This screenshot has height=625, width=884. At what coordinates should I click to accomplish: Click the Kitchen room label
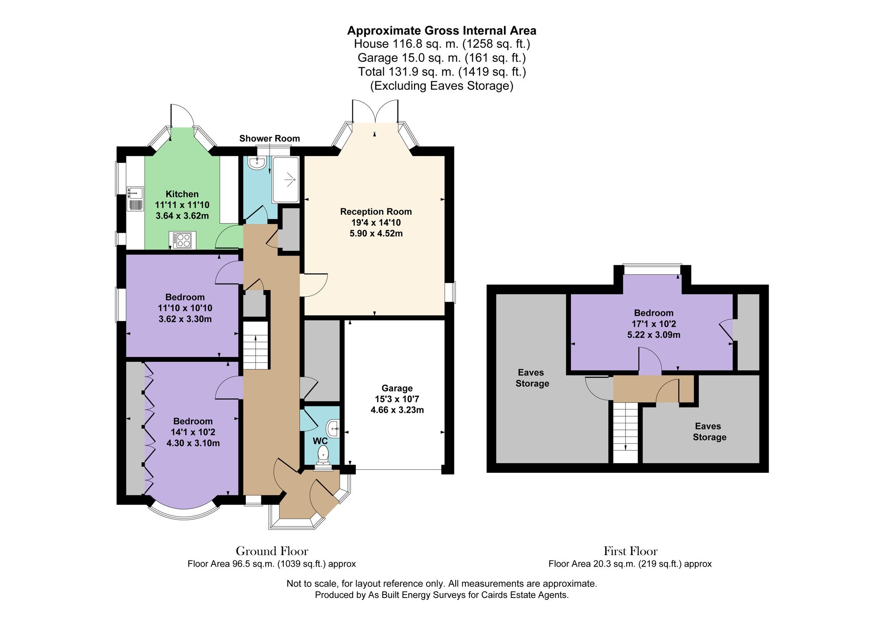(x=182, y=194)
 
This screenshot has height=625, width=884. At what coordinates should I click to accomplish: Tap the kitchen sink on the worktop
(x=135, y=198)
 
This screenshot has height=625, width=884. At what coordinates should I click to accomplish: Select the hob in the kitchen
(x=183, y=240)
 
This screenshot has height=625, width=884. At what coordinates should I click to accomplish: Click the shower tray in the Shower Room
(x=286, y=179)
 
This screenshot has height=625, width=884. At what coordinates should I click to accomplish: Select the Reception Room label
(x=376, y=211)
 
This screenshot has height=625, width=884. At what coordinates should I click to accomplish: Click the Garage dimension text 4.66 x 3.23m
(x=397, y=410)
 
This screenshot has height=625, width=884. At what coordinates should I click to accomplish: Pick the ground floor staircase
(x=255, y=345)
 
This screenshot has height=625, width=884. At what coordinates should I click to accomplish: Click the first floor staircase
(x=625, y=432)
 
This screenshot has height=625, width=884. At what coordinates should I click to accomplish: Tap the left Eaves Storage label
(x=532, y=378)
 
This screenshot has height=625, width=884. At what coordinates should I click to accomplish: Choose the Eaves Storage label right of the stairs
(x=709, y=431)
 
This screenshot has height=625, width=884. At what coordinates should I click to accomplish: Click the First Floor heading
(x=630, y=551)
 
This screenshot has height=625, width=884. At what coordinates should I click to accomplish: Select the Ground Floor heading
(x=272, y=551)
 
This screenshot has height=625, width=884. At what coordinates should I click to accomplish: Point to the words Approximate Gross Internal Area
(x=442, y=31)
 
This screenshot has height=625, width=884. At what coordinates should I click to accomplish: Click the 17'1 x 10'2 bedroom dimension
(x=654, y=324)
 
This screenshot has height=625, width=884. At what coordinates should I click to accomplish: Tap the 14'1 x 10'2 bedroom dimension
(x=193, y=432)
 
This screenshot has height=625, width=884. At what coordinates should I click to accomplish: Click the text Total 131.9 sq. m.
(x=406, y=71)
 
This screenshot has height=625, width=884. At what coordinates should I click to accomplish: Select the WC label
(x=320, y=441)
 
